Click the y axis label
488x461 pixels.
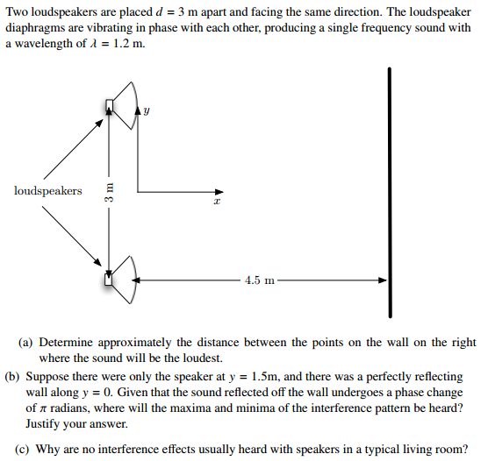147,111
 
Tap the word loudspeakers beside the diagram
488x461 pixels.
48,190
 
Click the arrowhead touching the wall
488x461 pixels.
382,280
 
